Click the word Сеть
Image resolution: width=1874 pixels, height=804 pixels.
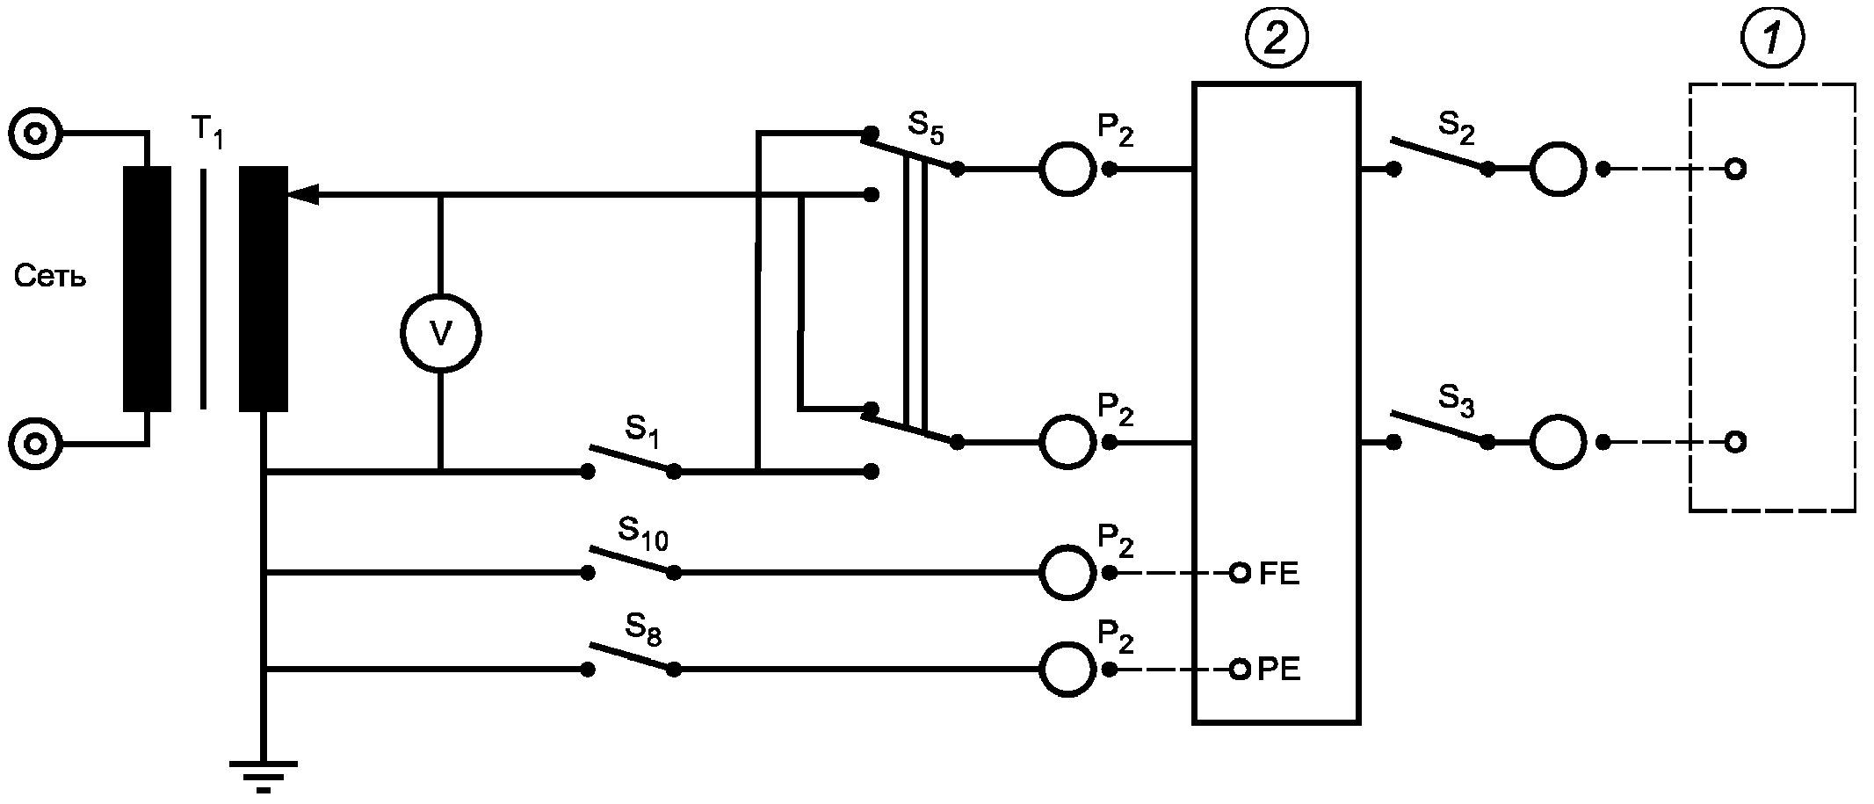[x=50, y=278]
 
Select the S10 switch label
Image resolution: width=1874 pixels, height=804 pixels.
[x=643, y=532]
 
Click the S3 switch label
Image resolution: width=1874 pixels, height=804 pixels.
[x=1457, y=401]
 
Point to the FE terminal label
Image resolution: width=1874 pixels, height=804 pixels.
[x=1279, y=575]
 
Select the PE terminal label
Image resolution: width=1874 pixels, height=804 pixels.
[x=1279, y=670]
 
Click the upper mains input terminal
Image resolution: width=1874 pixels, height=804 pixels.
[x=35, y=134]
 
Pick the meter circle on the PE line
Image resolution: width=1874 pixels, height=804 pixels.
[x=1067, y=670]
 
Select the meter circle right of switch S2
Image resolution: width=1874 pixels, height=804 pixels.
[x=1558, y=169]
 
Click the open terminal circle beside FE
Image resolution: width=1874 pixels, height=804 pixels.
[x=1240, y=574]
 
